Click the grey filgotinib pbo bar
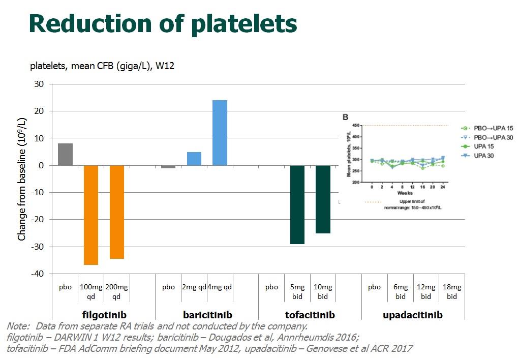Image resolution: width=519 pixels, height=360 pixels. [x=65, y=154]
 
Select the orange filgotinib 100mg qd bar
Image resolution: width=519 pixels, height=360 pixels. [x=91, y=215]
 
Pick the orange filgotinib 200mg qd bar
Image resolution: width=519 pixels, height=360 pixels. [x=117, y=212]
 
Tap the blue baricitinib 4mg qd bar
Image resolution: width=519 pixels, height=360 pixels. [x=220, y=132]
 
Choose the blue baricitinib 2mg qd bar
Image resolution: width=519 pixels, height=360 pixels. [x=194, y=159]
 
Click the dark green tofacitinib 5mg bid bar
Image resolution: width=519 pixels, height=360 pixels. [x=297, y=204]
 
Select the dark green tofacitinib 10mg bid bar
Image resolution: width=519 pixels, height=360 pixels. [x=323, y=199]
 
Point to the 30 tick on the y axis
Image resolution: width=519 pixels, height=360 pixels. [x=38, y=84]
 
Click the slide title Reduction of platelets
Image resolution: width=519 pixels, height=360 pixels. [x=163, y=24]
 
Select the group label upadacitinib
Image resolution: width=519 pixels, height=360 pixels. [x=412, y=315]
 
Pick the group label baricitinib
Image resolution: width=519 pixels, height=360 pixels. [x=206, y=315]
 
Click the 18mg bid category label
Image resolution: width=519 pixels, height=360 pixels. [x=451, y=291]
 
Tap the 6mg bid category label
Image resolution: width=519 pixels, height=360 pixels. [x=400, y=291]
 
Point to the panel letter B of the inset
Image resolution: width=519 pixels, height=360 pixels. [x=346, y=117]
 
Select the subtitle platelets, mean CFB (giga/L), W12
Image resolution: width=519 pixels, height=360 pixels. [x=102, y=67]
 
